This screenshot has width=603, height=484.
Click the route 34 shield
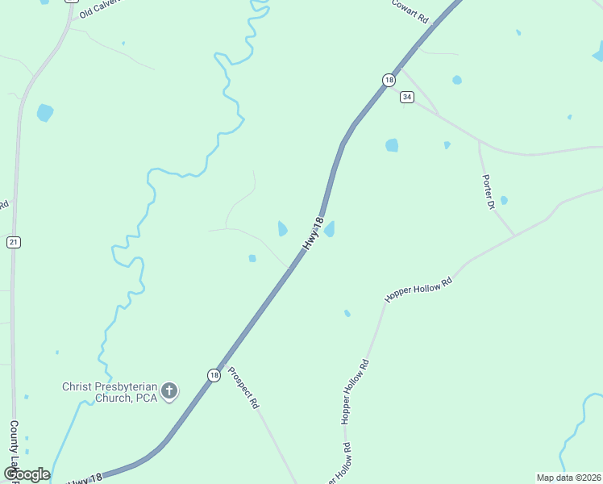(407, 97)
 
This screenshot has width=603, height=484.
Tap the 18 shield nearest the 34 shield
(389, 80)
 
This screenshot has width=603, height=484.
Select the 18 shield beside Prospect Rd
(213, 375)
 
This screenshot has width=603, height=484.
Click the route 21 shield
(13, 242)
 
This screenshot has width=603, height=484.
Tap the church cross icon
(169, 391)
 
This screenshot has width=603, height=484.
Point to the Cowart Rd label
(410, 11)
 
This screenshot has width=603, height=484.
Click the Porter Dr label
(488, 192)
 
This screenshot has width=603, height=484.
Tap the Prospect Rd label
(243, 388)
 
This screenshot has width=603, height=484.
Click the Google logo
(27, 474)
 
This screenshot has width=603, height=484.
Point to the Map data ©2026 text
(568, 478)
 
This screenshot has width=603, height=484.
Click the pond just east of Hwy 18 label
(330, 229)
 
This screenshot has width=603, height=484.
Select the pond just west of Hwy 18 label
(282, 229)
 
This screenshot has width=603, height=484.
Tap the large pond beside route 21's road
(44, 112)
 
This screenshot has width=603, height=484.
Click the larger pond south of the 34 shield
(392, 145)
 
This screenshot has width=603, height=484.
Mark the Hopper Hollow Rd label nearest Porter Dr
(419, 290)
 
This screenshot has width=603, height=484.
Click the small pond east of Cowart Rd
(457, 80)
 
